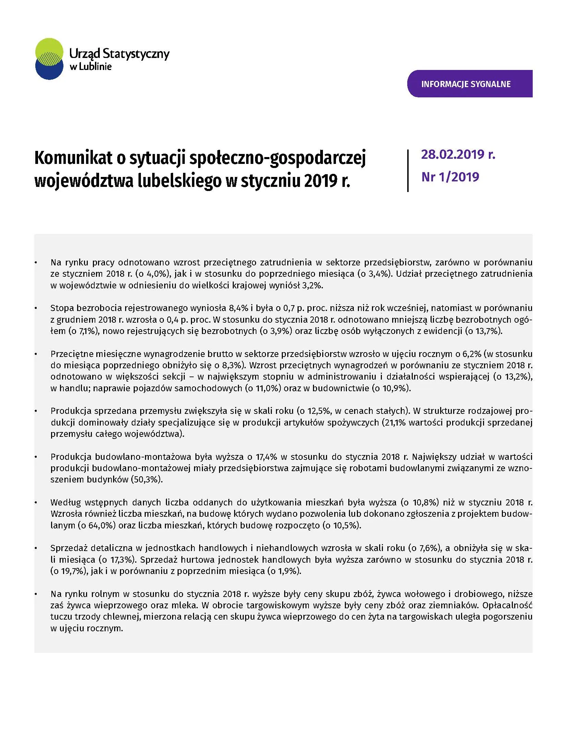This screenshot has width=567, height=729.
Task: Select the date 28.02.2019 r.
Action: pos(458,155)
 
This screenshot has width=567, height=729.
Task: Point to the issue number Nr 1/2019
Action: pos(450,177)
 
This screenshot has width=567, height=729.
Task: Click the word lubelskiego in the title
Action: pos(180,181)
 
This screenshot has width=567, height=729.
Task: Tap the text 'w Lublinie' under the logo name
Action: pos(91,67)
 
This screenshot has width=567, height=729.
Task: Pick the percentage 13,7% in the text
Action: pos(488,331)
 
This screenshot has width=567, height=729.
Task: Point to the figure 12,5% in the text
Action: pos(316,411)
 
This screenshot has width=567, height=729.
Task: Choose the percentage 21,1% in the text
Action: pos(396,422)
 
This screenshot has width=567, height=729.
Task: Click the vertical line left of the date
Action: pos(408,170)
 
